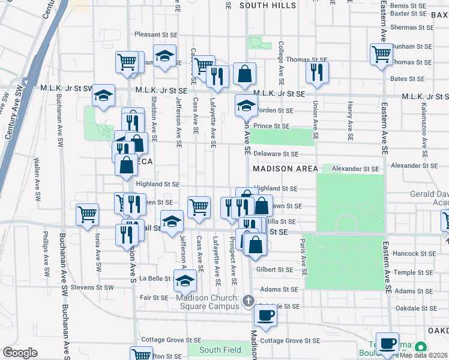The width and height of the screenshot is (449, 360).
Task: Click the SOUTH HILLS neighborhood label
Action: [268, 5]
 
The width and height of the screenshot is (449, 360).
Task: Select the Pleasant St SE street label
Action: [158, 35]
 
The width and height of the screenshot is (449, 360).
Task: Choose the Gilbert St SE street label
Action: [278, 270]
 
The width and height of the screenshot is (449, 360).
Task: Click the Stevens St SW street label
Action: [92, 288]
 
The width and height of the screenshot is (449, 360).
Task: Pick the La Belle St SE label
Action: [155, 278]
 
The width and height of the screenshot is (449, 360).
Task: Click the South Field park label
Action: [220, 350]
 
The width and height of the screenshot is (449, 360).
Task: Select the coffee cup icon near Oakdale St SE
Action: [265, 314]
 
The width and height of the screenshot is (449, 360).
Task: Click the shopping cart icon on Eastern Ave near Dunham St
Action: [381, 55]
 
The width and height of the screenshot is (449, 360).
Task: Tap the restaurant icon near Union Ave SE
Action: [316, 72]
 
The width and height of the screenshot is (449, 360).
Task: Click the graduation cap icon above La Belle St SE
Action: [185, 280]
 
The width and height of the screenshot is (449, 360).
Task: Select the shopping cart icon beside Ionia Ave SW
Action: [88, 214]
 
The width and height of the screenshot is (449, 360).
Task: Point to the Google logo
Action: [20, 353]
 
